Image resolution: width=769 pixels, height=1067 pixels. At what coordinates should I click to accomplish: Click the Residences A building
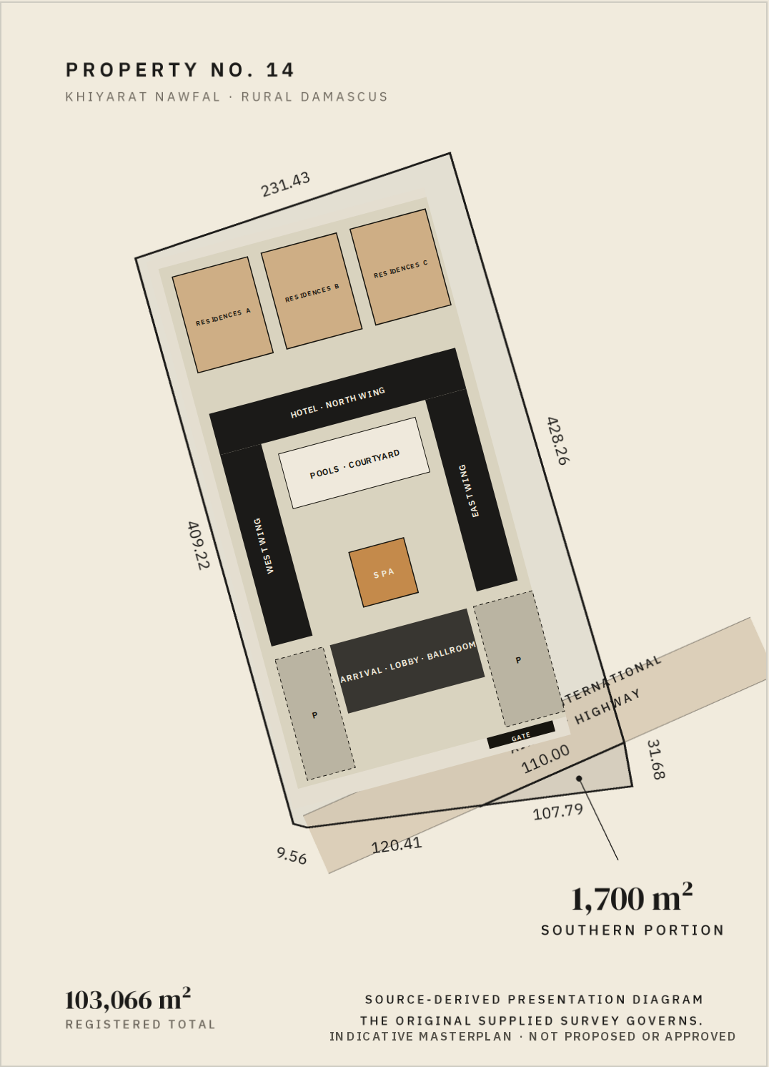coord(223,315)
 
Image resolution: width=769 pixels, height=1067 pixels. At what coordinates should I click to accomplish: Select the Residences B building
coord(312,290)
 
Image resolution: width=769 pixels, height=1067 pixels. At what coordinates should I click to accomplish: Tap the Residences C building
coord(400,267)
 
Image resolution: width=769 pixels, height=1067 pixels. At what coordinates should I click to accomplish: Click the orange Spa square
coord(383,573)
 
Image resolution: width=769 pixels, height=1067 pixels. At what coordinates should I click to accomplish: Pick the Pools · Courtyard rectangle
coord(354,463)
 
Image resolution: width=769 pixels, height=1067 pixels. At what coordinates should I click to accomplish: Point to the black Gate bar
coord(521,734)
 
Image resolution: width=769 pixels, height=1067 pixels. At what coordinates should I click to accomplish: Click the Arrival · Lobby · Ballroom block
coord(407,662)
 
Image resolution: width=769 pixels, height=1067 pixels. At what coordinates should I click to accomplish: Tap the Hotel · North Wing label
coord(337,403)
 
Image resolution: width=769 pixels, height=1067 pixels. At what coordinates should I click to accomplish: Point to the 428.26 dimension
coord(557,441)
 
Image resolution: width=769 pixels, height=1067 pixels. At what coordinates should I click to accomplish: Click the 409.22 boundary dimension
coord(198,546)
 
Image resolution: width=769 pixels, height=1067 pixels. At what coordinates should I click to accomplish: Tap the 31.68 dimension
coord(656,759)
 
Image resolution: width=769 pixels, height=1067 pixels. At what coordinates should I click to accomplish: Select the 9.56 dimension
coord(292,856)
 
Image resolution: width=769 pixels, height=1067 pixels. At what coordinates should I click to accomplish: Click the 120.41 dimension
coord(396,845)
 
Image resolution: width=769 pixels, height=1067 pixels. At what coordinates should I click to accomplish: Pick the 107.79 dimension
coord(557,812)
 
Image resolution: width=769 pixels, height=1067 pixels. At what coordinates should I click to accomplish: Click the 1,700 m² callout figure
coord(631,898)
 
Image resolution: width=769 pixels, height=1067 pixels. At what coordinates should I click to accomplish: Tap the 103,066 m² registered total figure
coord(128,999)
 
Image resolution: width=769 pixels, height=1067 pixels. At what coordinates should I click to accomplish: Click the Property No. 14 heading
coord(180,70)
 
